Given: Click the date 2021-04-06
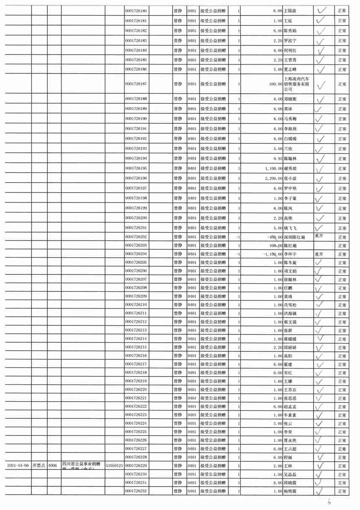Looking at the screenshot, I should [18, 466].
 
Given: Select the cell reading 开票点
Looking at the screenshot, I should [39, 466].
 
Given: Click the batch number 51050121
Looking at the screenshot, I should [114, 466].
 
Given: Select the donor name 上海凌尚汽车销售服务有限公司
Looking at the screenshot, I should [297, 84].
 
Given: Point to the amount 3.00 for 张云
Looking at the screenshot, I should [278, 423].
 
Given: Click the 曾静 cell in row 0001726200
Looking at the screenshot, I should [178, 218].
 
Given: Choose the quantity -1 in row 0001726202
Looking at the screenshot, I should [237, 237].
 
